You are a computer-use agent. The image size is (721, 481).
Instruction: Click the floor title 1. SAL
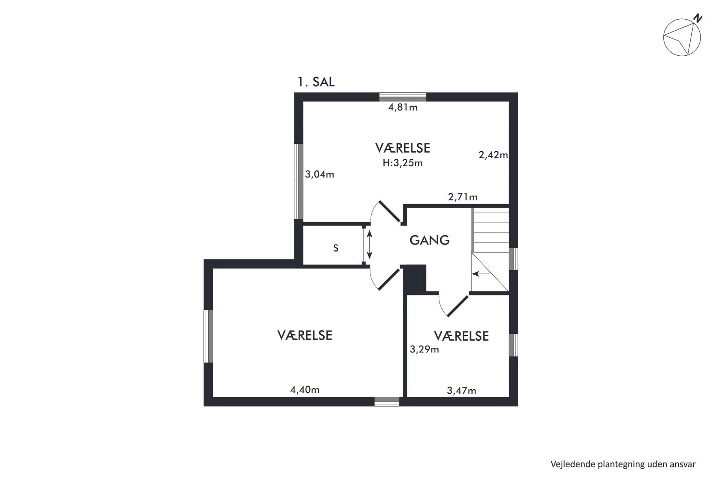pyautogui.click(x=316, y=82)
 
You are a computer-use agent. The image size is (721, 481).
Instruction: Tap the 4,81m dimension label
pyautogui.click(x=403, y=107)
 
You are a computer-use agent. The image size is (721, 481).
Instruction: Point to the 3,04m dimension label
pyautogui.click(x=320, y=174)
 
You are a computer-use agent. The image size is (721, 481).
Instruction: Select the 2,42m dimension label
pyautogui.click(x=493, y=155)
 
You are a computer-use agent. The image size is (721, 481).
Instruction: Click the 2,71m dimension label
pyautogui.click(x=463, y=197)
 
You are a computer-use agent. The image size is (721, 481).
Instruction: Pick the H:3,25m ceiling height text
pyautogui.click(x=403, y=163)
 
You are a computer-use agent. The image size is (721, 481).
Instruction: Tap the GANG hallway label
pyautogui.click(x=429, y=240)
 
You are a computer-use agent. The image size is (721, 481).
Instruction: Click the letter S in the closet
pyautogui.click(x=336, y=248)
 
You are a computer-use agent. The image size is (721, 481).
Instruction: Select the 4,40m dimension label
pyautogui.click(x=305, y=390)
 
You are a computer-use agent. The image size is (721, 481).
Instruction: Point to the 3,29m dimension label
pyautogui.click(x=425, y=350)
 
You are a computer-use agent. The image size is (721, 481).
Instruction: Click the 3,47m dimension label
pyautogui.click(x=462, y=390)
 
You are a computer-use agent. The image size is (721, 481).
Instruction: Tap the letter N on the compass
pyautogui.click(x=698, y=18)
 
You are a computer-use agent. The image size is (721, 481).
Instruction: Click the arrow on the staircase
pyautogui.click(x=481, y=274)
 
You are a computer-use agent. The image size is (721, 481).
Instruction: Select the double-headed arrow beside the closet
pyautogui.click(x=369, y=244)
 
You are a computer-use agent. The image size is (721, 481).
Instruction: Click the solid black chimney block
pyautogui.click(x=415, y=279)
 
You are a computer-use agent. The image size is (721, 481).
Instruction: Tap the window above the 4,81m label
pyautogui.click(x=403, y=97)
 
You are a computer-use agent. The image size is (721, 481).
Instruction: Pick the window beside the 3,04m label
pyautogui.click(x=298, y=181)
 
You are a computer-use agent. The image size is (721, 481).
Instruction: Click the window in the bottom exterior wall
pyautogui.click(x=387, y=402)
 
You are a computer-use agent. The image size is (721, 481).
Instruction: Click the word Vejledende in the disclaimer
pyautogui.click(x=573, y=465)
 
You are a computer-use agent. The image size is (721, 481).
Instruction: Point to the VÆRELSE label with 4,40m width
pyautogui.click(x=305, y=335)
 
